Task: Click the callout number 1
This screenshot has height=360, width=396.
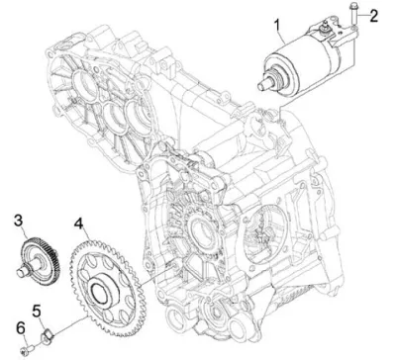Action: pos(278,25)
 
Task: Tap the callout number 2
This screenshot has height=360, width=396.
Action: pos(373,16)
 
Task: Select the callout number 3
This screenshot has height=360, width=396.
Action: pos(19,221)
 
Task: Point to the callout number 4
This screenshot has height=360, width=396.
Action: pos(78,224)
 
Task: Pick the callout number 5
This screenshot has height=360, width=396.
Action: pos(37,311)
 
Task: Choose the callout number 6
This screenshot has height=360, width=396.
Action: pos(21,327)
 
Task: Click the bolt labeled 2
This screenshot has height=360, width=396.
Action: pos(351,14)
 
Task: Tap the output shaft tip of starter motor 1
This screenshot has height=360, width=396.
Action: pos(263,84)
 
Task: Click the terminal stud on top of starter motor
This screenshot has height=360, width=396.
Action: pos(325,26)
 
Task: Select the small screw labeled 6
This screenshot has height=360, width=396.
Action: pos(28,349)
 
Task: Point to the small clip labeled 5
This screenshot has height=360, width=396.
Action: pos(48,338)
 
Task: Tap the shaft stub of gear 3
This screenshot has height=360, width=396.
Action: pos(24,270)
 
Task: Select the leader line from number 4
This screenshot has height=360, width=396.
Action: pos(86,237)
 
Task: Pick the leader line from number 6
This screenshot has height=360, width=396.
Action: pos(25,339)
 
